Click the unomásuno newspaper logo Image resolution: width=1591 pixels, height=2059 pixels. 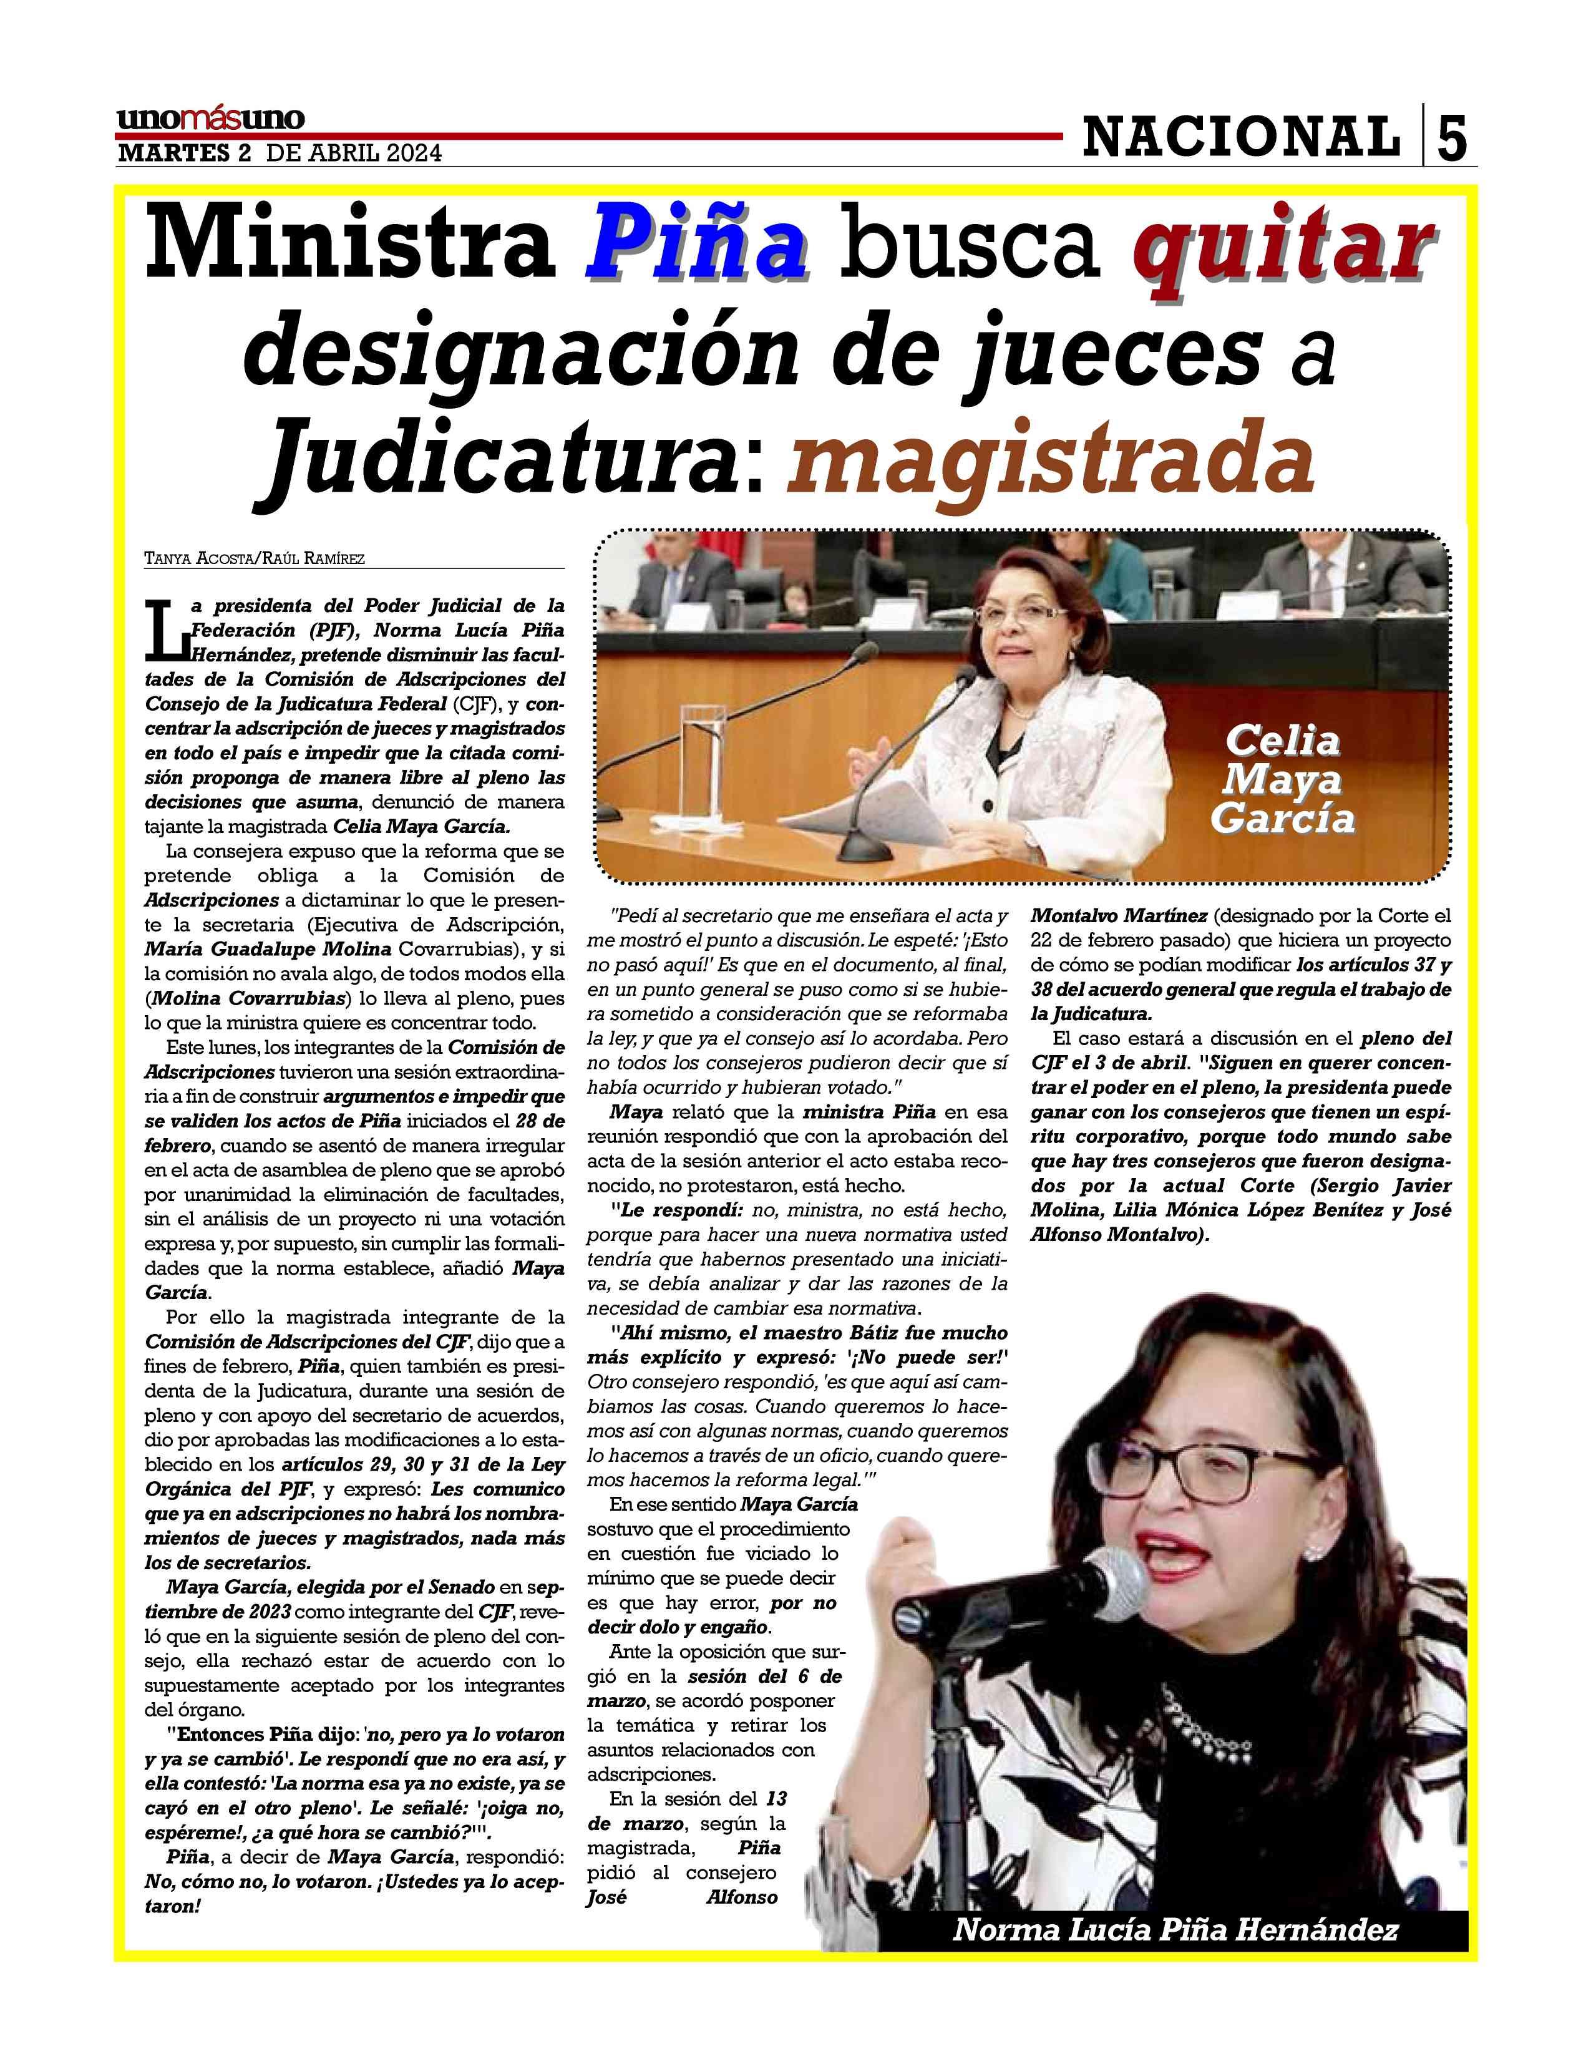pos(210,120)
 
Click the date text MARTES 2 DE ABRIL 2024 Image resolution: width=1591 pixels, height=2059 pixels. pos(279,153)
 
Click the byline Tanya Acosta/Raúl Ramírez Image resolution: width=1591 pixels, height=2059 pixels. pos(255,558)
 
